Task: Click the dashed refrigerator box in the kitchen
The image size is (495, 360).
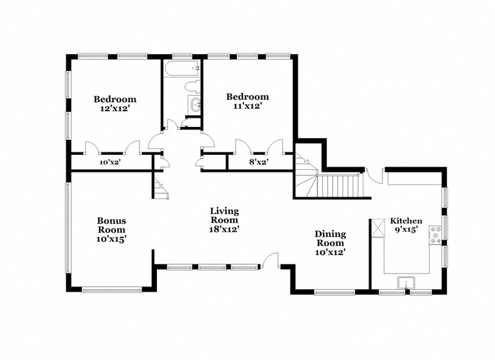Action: click(378, 228)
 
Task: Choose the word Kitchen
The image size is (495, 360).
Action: click(406, 221)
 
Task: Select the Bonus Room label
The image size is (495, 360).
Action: click(111, 225)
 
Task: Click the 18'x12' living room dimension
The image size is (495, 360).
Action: click(224, 229)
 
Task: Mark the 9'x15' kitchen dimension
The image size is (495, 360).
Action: click(406, 230)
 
